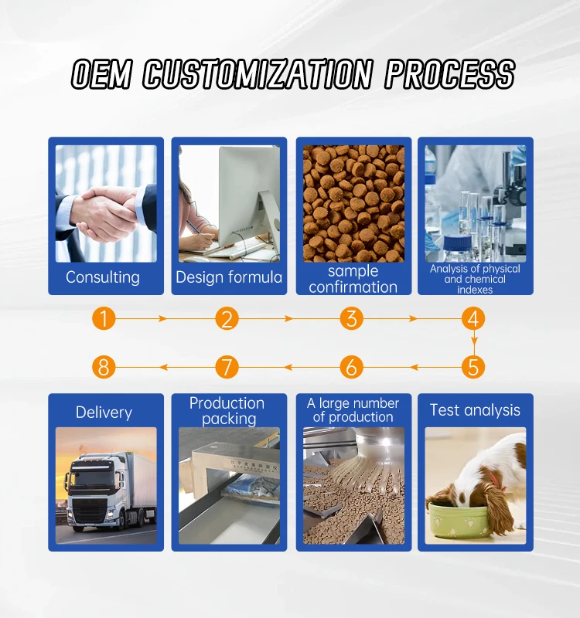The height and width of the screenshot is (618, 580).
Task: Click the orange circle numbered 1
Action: tap(103, 318)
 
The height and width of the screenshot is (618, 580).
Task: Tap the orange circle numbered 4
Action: tap(473, 318)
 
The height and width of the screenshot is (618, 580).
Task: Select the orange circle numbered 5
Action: tap(473, 366)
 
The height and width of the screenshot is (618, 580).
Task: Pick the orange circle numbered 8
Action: tap(103, 366)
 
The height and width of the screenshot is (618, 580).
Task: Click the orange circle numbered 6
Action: tap(350, 366)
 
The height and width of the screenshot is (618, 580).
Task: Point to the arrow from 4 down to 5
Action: tap(473, 342)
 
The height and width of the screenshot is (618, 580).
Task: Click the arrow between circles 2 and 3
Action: tap(288, 318)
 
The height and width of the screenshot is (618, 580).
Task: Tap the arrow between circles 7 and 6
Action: tap(288, 366)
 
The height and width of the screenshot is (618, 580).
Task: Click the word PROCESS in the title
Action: tap(450, 75)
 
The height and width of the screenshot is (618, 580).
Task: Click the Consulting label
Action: tap(103, 277)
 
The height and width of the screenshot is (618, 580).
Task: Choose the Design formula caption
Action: tap(229, 277)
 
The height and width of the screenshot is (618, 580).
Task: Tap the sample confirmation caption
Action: tap(353, 279)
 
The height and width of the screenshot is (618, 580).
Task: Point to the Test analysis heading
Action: tap(475, 410)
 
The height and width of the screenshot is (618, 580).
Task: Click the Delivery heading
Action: tap(104, 413)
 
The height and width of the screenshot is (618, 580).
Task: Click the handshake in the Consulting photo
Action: tap(107, 209)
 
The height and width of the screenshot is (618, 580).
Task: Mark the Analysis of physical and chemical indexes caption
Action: tap(475, 279)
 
